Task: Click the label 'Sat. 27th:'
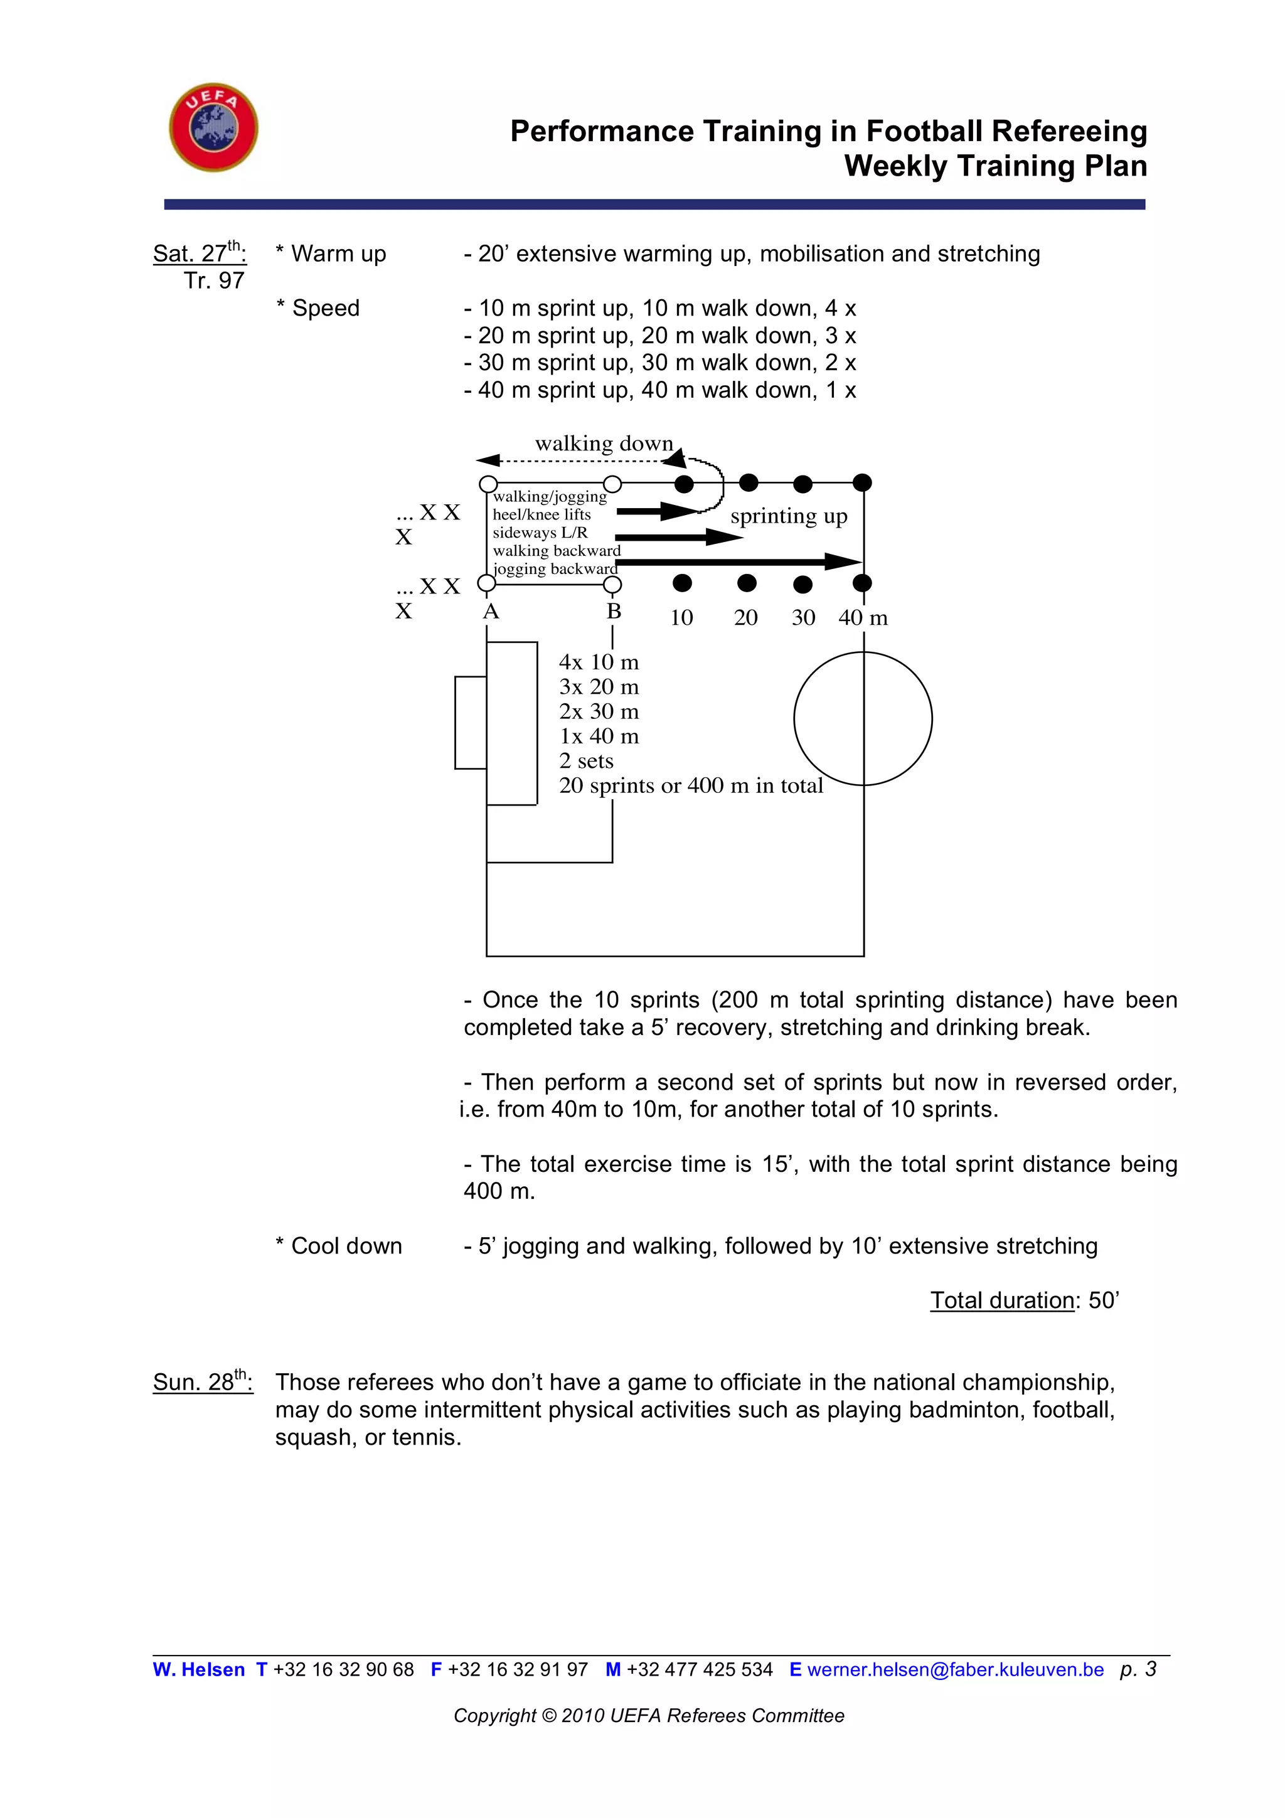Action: coord(200,253)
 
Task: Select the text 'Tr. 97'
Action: coord(214,280)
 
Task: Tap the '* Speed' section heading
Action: coord(317,308)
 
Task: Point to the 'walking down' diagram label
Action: coord(604,444)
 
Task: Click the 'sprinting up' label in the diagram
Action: coord(789,516)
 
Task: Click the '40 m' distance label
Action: coord(863,618)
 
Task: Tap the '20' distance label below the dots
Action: coord(746,618)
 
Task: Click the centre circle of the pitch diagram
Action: coord(863,718)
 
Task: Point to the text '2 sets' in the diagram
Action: coord(586,761)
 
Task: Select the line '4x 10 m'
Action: coord(599,662)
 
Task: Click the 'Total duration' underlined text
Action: coord(1001,1300)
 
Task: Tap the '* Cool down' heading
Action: coord(339,1245)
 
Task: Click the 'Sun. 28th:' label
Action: coord(203,1382)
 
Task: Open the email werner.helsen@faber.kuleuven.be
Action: coord(955,1670)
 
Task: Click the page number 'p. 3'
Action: coord(1138,1669)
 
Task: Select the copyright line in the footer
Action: coord(648,1716)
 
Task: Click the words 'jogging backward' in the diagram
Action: coord(554,568)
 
